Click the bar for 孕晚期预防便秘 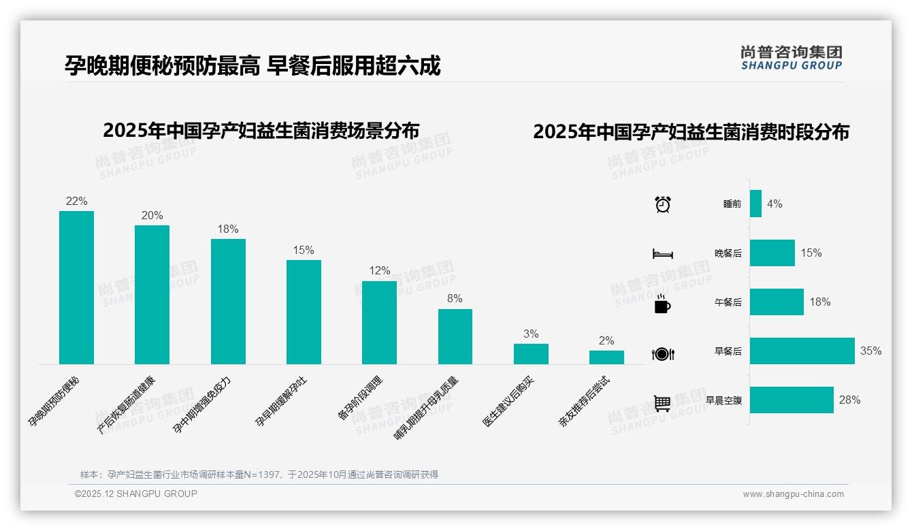click(x=76, y=287)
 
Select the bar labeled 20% click(x=152, y=294)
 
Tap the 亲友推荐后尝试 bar click(x=606, y=357)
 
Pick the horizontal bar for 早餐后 click(x=802, y=351)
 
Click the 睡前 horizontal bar click(x=755, y=204)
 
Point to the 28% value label click(x=849, y=400)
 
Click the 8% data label click(x=455, y=298)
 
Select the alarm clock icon click(x=662, y=204)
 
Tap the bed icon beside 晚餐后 click(x=662, y=253)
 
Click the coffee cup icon click(x=662, y=304)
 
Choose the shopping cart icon click(x=662, y=403)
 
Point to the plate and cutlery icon click(x=662, y=353)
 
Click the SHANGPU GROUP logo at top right click(x=791, y=58)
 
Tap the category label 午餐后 click(x=728, y=302)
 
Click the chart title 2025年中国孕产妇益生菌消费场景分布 click(x=261, y=130)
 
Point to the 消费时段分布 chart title click(x=691, y=132)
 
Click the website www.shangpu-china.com click(x=793, y=494)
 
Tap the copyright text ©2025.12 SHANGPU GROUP click(x=136, y=494)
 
